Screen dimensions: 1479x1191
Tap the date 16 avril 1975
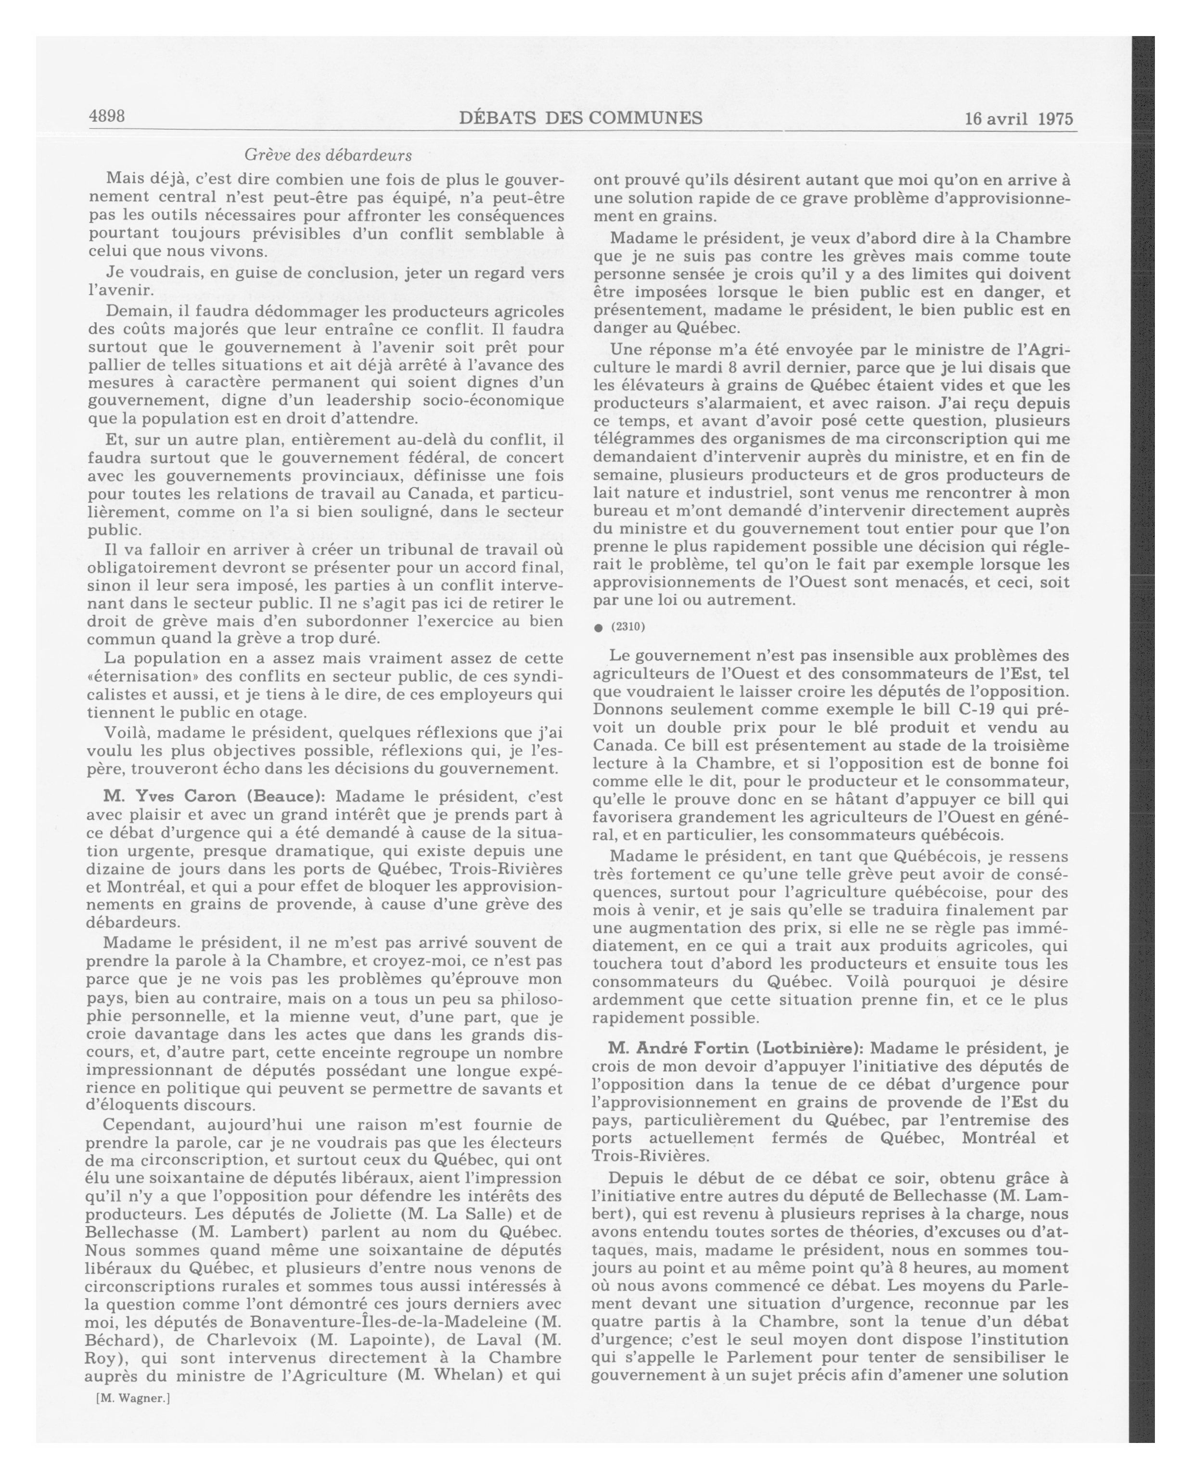click(1018, 118)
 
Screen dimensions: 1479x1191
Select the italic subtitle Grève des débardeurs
click(328, 155)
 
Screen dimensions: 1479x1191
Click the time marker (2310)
click(628, 627)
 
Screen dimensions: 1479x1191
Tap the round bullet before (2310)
click(598, 627)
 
